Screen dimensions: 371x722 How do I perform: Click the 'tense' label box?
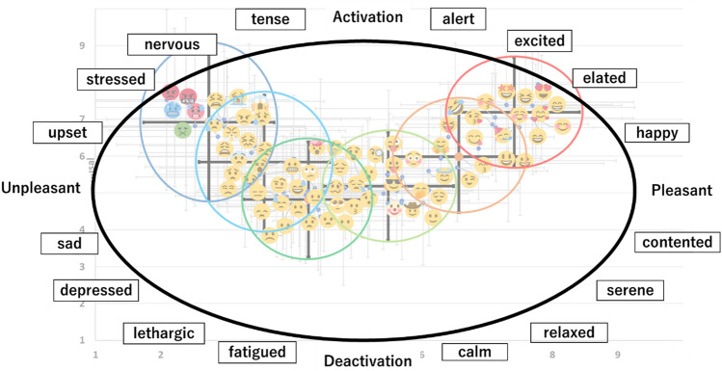[269, 19]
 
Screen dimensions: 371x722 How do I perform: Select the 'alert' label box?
[458, 19]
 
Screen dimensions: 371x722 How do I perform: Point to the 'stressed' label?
[115, 79]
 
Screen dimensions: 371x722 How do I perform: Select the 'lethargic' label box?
[165, 333]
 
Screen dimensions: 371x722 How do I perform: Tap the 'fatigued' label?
[256, 352]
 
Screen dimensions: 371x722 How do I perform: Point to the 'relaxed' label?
[569, 333]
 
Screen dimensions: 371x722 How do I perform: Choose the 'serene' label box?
[630, 290]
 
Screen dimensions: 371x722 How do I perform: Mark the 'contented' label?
[677, 243]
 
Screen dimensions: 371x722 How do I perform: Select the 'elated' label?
[604, 78]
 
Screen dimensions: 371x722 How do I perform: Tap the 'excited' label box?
[540, 41]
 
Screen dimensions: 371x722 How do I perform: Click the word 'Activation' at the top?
[367, 16]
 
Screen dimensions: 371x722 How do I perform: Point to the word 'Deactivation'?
[367, 360]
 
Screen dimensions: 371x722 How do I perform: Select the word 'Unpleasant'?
[40, 189]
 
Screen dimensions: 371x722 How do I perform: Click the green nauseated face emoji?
[182, 128]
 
